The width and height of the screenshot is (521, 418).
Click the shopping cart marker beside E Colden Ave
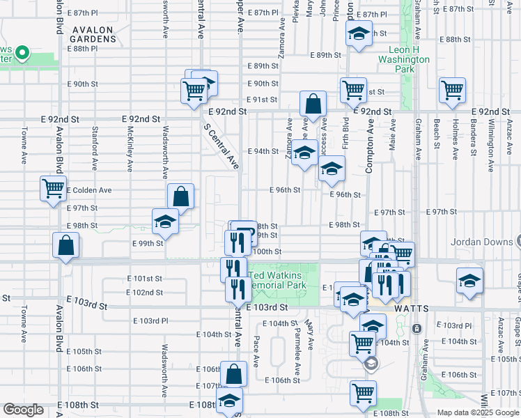click(54, 188)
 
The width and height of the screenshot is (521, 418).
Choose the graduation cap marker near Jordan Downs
click(470, 281)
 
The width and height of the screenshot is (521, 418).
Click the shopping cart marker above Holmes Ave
click(453, 90)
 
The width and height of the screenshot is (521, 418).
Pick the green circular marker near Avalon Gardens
click(22, 52)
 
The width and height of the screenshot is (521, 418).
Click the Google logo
click(23, 410)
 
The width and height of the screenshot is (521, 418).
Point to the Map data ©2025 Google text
click(478, 412)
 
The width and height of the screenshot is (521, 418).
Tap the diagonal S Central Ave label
click(221, 146)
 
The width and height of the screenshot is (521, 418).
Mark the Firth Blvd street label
click(346, 134)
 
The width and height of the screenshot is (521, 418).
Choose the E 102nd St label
click(144, 293)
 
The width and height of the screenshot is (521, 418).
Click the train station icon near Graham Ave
click(417, 328)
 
